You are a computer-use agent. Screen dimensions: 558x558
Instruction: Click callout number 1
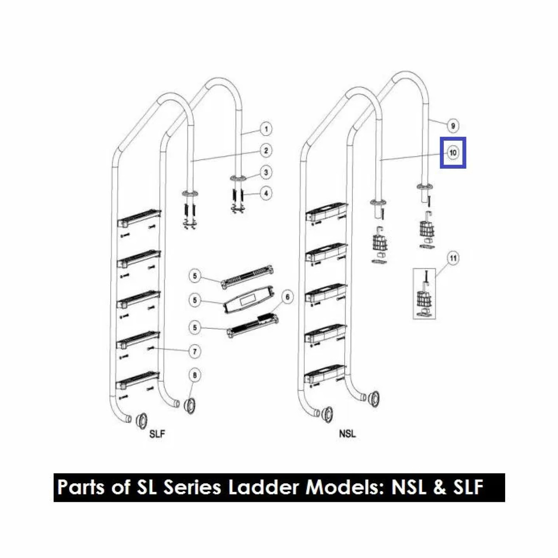266,129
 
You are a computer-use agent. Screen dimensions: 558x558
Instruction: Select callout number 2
266,151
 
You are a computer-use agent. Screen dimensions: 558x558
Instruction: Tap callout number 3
266,172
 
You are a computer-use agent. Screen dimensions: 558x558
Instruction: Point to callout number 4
266,193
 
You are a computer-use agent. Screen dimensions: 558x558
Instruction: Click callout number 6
287,297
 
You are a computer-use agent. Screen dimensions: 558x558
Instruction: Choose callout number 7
194,352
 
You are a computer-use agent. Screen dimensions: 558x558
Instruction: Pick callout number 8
194,375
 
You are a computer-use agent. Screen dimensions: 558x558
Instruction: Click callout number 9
453,126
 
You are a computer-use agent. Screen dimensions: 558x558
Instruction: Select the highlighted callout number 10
453,152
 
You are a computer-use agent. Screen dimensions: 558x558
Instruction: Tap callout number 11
453,258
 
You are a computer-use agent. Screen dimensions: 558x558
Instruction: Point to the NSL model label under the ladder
347,442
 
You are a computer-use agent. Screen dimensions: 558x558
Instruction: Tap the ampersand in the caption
439,487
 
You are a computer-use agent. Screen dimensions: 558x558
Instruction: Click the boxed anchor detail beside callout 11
424,293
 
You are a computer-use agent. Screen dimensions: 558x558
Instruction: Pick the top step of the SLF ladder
139,218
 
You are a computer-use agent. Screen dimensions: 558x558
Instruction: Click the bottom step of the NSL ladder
325,374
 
